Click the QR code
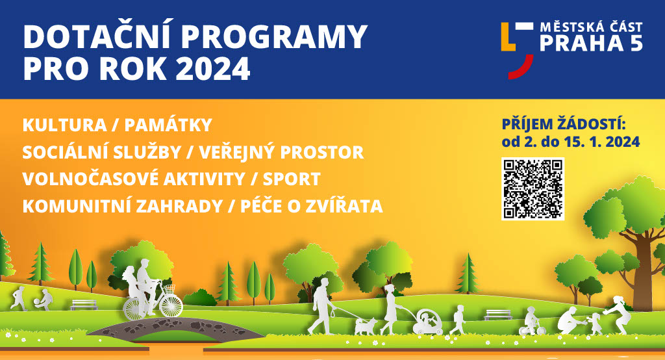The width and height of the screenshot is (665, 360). tap(533, 189)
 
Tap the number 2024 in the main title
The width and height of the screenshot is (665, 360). tap(212, 68)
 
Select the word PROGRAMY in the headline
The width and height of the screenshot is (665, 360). tap(275, 37)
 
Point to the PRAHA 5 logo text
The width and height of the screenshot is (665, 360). tap(591, 43)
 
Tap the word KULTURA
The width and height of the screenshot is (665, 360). tap(64, 125)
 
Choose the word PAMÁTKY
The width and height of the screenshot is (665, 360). tap(168, 125)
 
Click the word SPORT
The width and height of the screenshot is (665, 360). tap(292, 179)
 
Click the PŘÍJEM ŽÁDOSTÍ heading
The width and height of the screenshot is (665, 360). tap(564, 124)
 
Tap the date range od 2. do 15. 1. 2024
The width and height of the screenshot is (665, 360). tap(570, 142)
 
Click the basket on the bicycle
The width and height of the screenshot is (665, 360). tap(169, 290)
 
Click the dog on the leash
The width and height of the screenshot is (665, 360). tap(365, 326)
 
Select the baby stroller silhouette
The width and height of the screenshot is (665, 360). tap(427, 322)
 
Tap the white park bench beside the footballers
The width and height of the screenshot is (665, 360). tap(84, 305)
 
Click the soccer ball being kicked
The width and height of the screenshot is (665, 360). tap(37, 302)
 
